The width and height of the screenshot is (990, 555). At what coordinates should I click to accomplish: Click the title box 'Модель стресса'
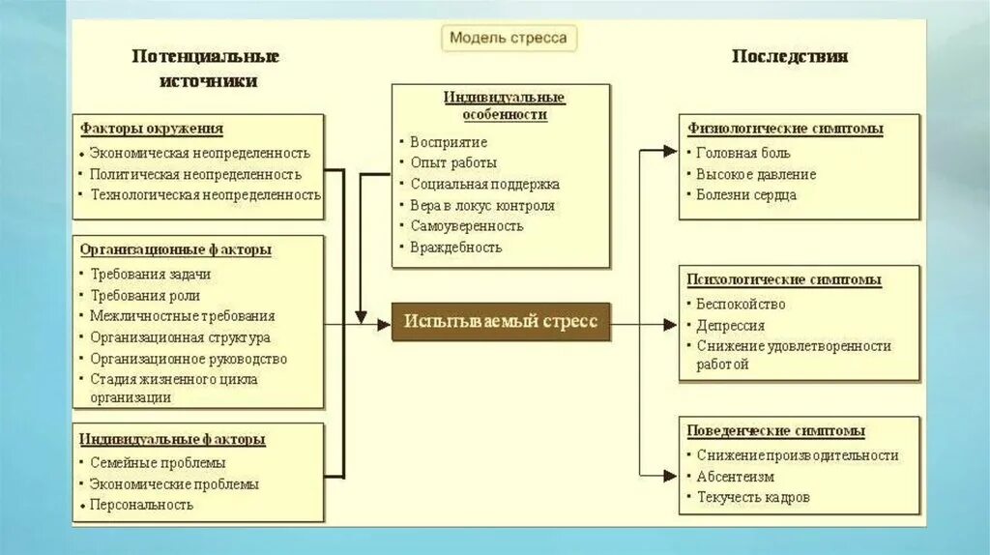pyautogui.click(x=510, y=39)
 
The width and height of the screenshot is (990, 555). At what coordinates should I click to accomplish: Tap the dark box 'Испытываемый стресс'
pyautogui.click(x=501, y=321)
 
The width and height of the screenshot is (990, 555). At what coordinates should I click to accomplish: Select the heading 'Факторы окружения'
pyautogui.click(x=152, y=129)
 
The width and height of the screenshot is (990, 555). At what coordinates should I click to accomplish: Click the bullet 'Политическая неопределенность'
pyautogui.click(x=195, y=174)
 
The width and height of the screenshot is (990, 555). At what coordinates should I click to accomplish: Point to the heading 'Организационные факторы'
pyautogui.click(x=176, y=249)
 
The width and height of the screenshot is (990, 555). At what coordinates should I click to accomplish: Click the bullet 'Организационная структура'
pyautogui.click(x=180, y=337)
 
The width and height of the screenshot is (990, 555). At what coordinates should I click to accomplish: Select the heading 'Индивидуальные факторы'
pyautogui.click(x=172, y=439)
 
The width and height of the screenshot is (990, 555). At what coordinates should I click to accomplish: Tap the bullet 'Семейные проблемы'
pyautogui.click(x=158, y=462)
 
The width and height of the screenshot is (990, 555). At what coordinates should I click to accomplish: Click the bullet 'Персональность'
pyautogui.click(x=141, y=504)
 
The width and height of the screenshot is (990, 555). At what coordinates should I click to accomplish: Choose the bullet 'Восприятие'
pyautogui.click(x=449, y=142)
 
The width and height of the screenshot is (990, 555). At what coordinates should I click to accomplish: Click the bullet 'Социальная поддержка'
pyautogui.click(x=484, y=184)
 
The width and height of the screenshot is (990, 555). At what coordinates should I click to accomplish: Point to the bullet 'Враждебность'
pyautogui.click(x=456, y=247)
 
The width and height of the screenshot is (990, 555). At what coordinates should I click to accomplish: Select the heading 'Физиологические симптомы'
pyautogui.click(x=786, y=128)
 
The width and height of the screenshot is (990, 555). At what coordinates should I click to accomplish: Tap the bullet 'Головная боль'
pyautogui.click(x=742, y=153)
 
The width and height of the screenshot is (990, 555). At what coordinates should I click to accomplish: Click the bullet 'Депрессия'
pyautogui.click(x=730, y=326)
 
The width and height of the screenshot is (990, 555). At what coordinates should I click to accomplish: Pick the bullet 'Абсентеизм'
pyautogui.click(x=735, y=476)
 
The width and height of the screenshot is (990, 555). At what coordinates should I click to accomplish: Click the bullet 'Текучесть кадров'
pyautogui.click(x=753, y=497)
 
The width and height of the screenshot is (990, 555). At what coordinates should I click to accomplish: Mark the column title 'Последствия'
pyautogui.click(x=790, y=56)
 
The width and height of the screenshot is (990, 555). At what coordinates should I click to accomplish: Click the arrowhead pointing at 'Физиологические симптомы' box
pyautogui.click(x=671, y=151)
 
